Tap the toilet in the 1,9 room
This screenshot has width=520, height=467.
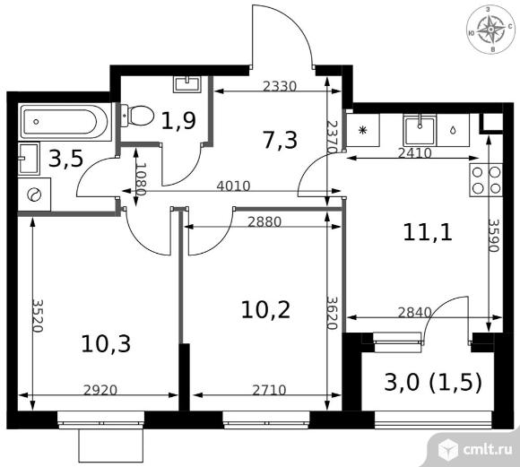click(x=137, y=116)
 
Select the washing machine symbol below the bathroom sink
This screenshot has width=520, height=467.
click(x=34, y=195)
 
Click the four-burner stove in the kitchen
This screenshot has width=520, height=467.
click(x=486, y=180)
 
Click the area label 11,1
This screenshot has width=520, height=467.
click(x=428, y=232)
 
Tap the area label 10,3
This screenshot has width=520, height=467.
click(x=106, y=343)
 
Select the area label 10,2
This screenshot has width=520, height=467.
click(x=265, y=310)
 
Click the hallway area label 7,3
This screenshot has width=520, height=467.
click(x=280, y=140)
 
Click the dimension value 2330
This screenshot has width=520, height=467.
click(x=279, y=87)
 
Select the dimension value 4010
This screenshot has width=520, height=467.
click(x=233, y=186)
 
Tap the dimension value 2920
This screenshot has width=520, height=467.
click(x=100, y=391)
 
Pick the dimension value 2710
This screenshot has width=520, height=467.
click(x=269, y=391)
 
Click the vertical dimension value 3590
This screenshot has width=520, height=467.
click(x=494, y=235)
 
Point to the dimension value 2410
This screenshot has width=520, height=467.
click(x=414, y=153)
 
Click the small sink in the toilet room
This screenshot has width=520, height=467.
click(x=187, y=83)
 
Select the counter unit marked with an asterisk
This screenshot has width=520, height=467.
click(x=363, y=130)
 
